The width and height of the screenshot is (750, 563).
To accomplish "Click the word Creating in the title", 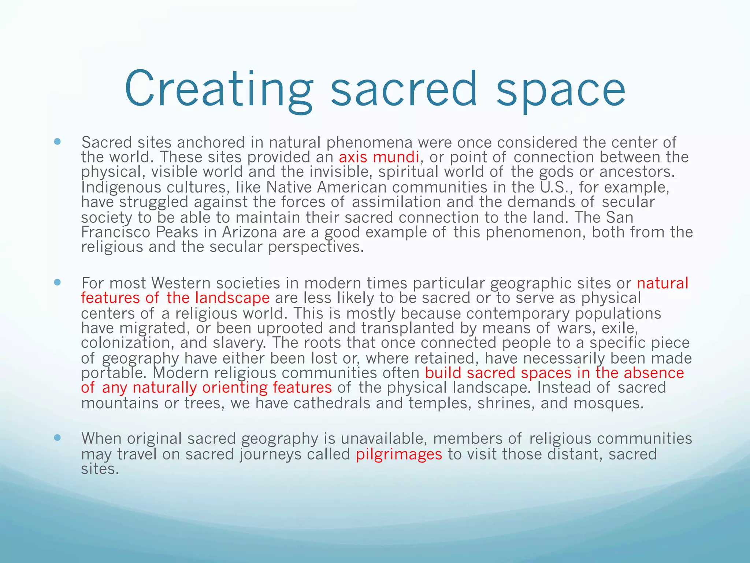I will pyautogui.click(x=219, y=90).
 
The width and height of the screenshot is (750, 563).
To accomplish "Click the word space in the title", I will pyautogui.click(x=561, y=90).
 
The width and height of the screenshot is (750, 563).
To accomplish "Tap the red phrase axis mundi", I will pyautogui.click(x=379, y=157).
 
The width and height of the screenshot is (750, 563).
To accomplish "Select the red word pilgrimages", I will pyautogui.click(x=399, y=455).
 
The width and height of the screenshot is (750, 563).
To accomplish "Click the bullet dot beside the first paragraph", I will pyautogui.click(x=57, y=141).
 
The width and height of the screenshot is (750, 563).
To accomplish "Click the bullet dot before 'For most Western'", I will pyautogui.click(x=57, y=282).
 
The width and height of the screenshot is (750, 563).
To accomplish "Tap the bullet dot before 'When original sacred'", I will pyautogui.click(x=57, y=438).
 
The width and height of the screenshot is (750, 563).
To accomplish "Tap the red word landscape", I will pyautogui.click(x=233, y=298).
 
